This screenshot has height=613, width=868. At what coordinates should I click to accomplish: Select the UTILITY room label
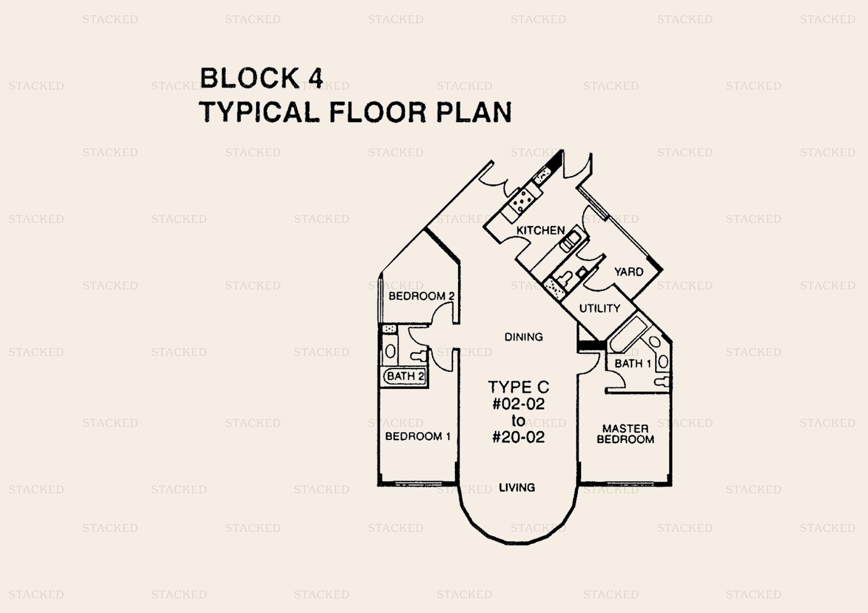click(600, 308)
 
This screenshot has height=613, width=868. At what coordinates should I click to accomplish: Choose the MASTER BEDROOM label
click(625, 434)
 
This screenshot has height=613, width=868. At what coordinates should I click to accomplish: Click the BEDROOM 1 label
click(417, 437)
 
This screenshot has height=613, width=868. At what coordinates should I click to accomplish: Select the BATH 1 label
click(632, 364)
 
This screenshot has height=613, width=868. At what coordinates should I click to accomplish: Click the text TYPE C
click(518, 387)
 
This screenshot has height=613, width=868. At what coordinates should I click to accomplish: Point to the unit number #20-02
click(518, 437)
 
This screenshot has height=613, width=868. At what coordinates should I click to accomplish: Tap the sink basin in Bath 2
click(390, 351)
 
